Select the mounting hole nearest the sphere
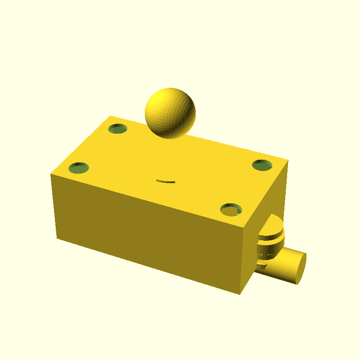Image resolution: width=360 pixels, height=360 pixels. pyautogui.click(x=118, y=129)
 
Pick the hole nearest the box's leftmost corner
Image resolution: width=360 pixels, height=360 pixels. pyautogui.click(x=79, y=168)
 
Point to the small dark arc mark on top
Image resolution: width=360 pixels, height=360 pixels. pyautogui.click(x=166, y=181)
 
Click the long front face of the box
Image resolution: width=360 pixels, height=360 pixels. pyautogui.click(x=148, y=234)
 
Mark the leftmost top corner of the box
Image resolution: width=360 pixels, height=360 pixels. pyautogui.click(x=50, y=173)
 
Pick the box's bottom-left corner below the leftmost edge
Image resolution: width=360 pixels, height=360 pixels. pyautogui.click(x=56, y=238)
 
